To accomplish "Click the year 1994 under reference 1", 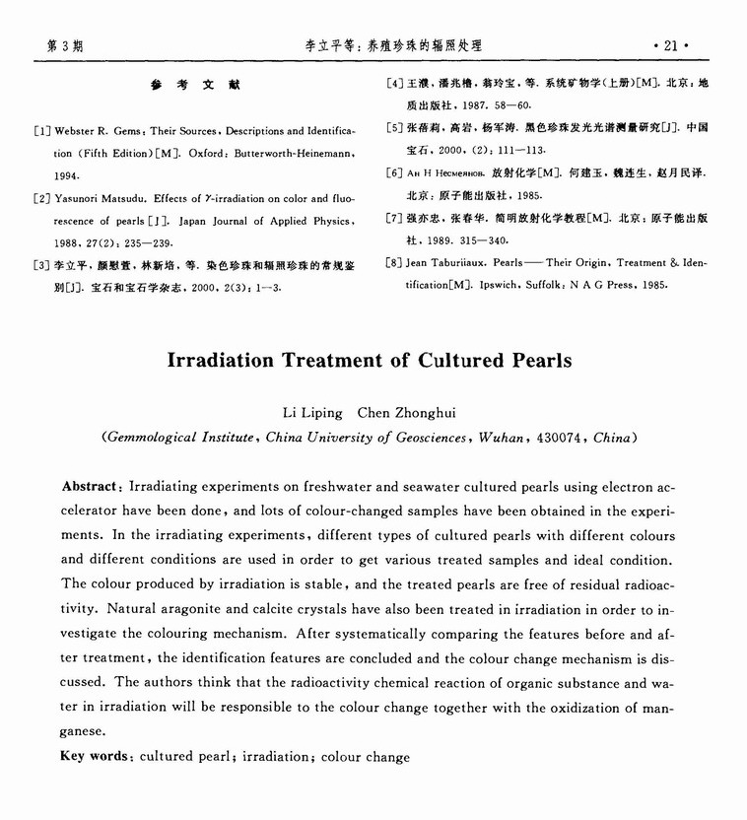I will [67, 175].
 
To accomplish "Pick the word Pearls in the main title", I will [540, 360].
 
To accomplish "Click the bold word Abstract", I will [91, 487].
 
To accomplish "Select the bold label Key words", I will [95, 757].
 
